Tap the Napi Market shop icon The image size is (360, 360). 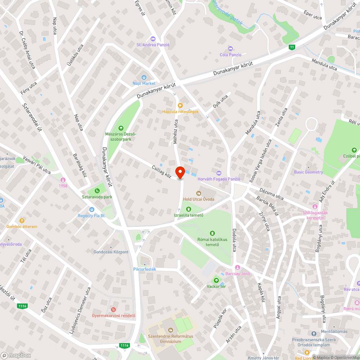click(144, 77)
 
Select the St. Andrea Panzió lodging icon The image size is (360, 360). click(153, 39)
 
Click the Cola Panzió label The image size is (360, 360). click(230, 55)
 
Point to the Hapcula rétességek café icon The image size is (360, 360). click(180, 105)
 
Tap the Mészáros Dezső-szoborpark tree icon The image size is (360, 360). click(121, 128)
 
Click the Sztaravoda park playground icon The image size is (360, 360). click(97, 190)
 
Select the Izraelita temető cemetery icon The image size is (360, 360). click(189, 209)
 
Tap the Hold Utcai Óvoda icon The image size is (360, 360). click(198, 193)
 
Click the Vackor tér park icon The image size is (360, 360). click(216, 280)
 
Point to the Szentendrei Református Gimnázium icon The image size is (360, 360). click(171, 330)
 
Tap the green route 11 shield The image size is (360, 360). click(292, 47)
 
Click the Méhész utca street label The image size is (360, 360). click(176, 132)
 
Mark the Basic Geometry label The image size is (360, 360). click(309, 172)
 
